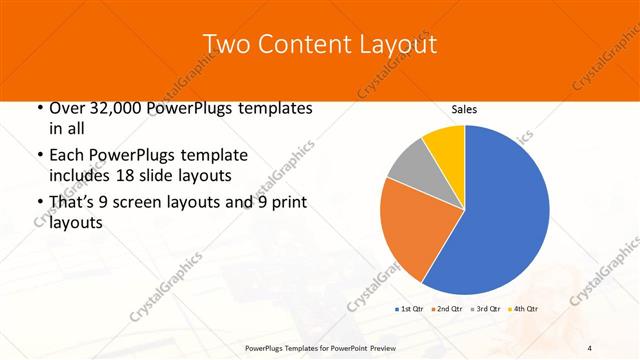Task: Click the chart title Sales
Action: click(465, 109)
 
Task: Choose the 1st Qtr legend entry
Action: click(410, 310)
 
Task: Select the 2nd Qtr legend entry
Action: click(448, 310)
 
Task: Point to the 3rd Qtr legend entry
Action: click(487, 310)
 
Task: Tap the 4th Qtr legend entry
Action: click(525, 310)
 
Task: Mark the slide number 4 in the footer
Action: click(590, 347)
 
